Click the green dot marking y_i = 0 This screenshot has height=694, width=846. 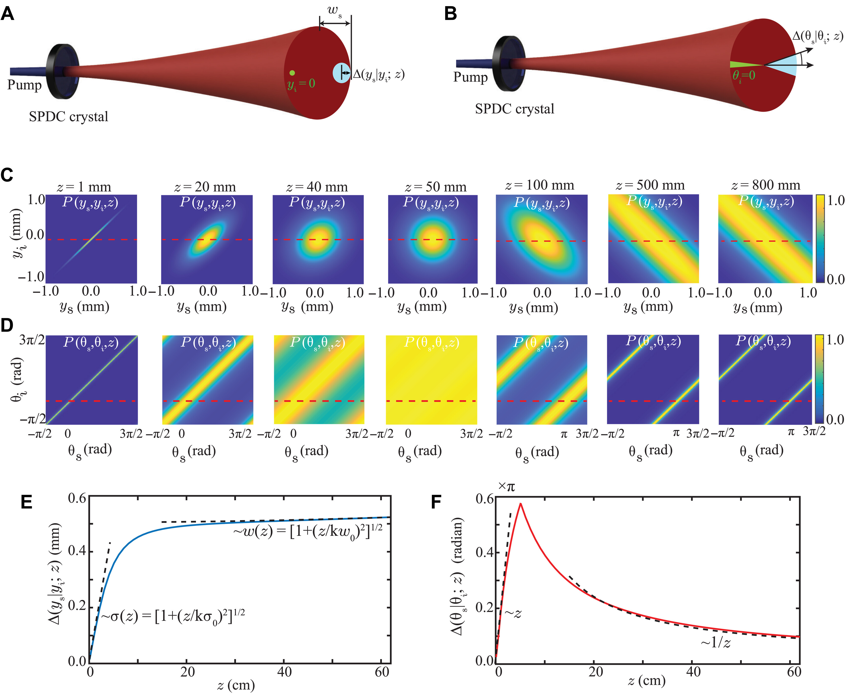click(x=292, y=73)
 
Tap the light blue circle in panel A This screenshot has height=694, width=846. click(x=341, y=73)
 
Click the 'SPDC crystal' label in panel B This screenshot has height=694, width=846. click(x=515, y=109)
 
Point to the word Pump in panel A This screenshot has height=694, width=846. click(x=24, y=85)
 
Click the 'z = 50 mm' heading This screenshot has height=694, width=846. click(x=435, y=187)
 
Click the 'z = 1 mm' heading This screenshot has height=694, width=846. click(x=84, y=187)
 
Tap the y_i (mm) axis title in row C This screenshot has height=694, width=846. click(x=17, y=234)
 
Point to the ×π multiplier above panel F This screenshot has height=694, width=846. click(x=506, y=487)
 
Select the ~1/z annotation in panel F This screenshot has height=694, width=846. click(x=716, y=643)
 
